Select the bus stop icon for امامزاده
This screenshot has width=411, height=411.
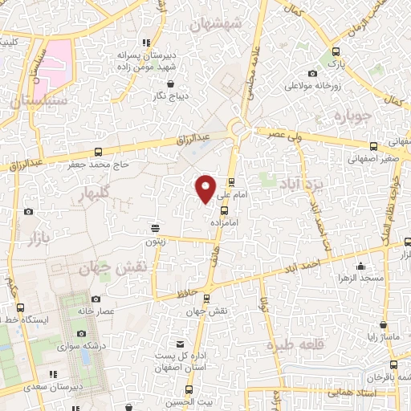click(223, 210)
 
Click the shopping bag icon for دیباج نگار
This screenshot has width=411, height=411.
click(170, 83)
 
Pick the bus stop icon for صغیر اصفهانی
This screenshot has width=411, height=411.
click(373, 146)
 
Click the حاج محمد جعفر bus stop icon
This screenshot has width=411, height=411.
click(98, 153)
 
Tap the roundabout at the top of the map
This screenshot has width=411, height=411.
click(238, 128)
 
